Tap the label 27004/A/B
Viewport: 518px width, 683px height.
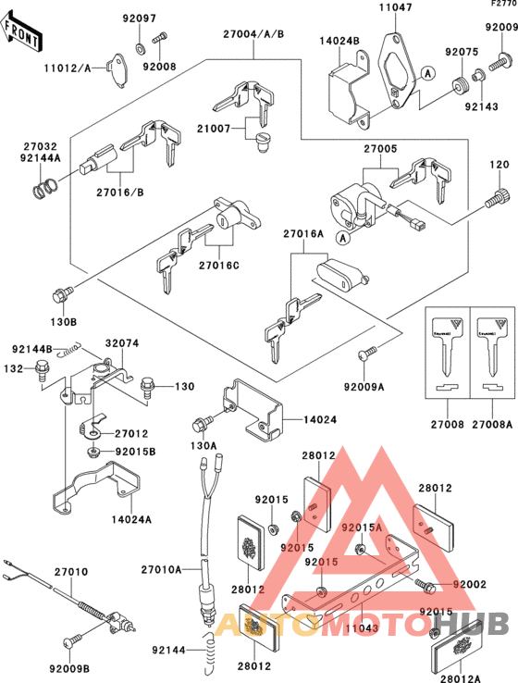coord(253,34)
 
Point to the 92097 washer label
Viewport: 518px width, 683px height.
coord(140,19)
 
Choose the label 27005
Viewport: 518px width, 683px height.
coord(380,148)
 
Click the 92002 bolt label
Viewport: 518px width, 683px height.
coord(470,586)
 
